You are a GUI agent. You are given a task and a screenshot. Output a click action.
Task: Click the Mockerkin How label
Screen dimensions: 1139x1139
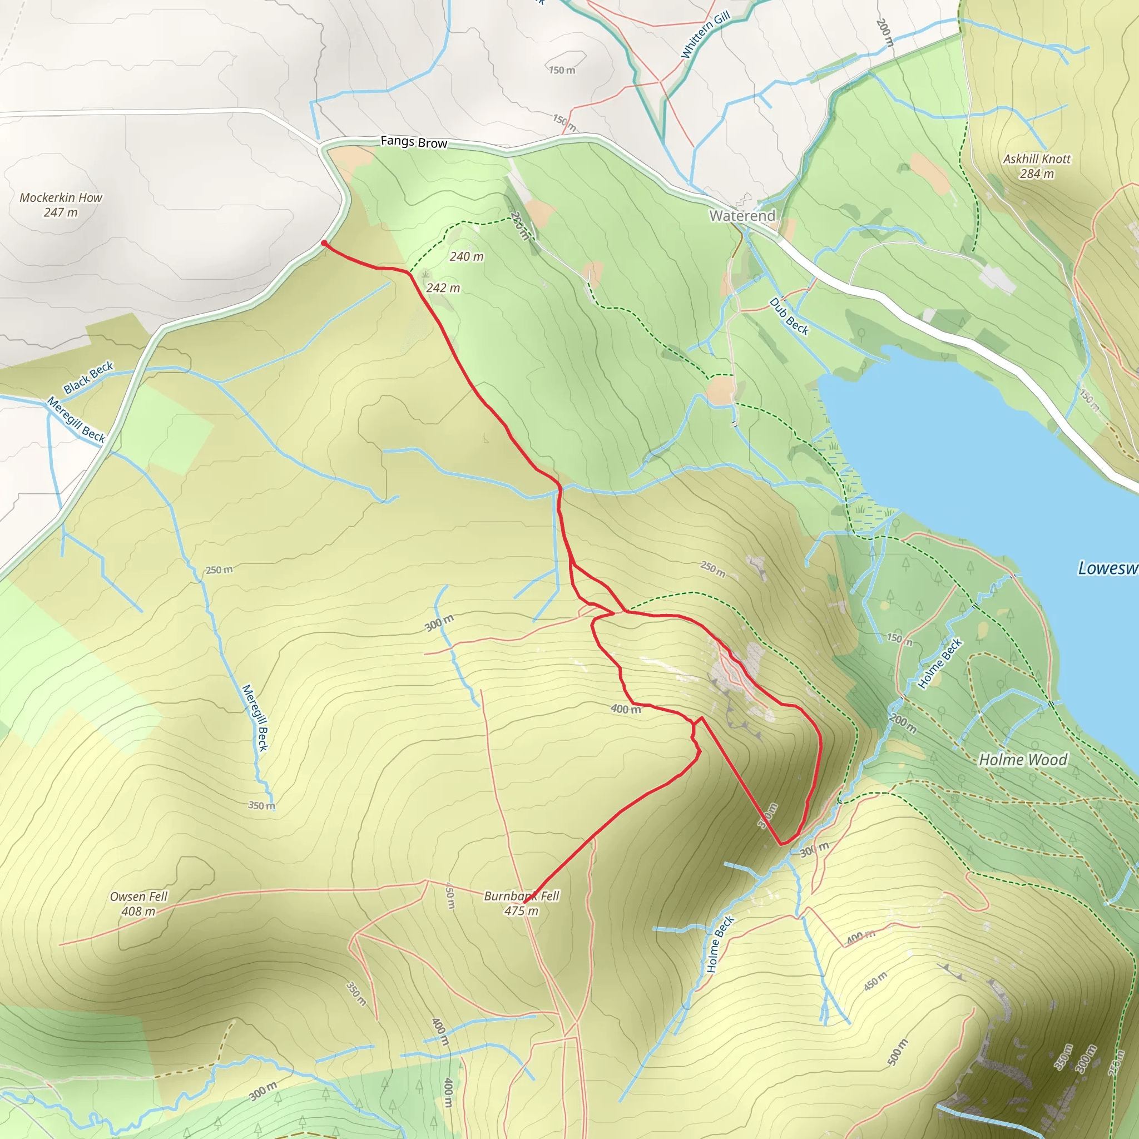coord(61,197)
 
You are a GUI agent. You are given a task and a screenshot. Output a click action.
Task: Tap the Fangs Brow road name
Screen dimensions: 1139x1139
coord(413,141)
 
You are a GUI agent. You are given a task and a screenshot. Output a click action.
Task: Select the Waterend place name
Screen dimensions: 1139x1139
coord(742,216)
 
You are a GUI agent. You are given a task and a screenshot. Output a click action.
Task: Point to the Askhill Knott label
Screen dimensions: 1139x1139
coord(1037,159)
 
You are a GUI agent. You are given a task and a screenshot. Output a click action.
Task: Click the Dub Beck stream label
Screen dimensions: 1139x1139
coord(789,316)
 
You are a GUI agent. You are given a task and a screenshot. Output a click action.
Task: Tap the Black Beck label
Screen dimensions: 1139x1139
coord(88,377)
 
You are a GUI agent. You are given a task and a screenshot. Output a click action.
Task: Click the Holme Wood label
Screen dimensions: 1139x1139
coord(1023,759)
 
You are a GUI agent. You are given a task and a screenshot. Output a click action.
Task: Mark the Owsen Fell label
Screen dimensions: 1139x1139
coord(138,896)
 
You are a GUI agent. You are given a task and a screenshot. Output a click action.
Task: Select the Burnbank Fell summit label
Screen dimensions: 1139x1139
coord(521,895)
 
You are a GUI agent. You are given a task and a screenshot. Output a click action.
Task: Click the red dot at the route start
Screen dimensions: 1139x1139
coord(324,243)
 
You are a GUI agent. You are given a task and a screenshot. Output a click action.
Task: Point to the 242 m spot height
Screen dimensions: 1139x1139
coord(443,288)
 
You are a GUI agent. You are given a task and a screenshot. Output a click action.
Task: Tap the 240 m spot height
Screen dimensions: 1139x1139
coord(466,256)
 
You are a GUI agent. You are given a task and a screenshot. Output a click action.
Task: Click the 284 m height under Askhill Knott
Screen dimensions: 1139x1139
coord(1037,174)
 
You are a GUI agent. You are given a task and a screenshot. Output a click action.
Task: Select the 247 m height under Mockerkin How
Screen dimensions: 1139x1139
coord(60,212)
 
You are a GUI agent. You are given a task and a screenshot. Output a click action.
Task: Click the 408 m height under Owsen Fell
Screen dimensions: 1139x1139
coord(138,912)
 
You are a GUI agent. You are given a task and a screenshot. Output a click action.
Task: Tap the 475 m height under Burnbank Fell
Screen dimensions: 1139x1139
coord(521,911)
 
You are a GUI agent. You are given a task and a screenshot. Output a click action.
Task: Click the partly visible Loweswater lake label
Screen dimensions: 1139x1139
coord(1107,568)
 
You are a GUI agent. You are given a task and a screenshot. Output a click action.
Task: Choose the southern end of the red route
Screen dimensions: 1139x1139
coord(524,903)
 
